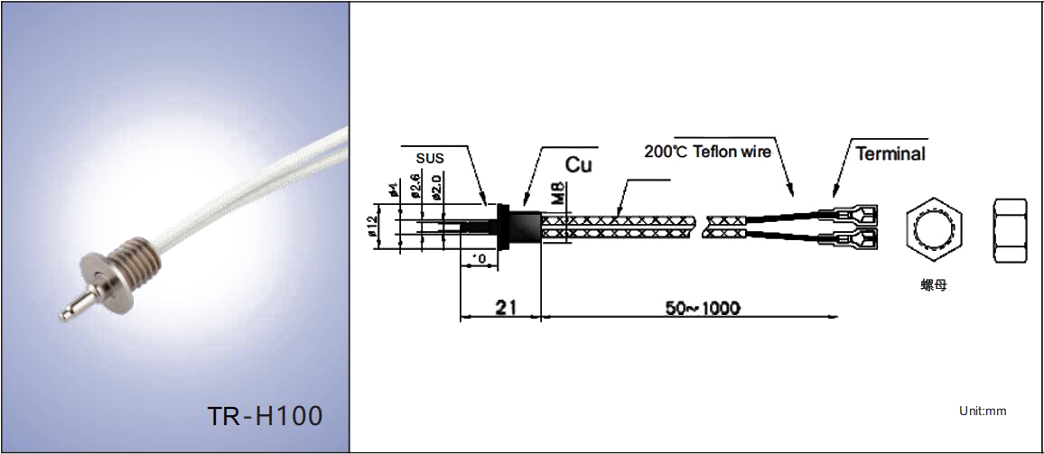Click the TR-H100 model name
pos(265,416)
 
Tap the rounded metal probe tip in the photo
pos(65,313)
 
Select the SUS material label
pos(430,158)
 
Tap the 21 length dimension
pos(505,307)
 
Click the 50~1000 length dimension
pos(704,308)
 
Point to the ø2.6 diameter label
pos(416,186)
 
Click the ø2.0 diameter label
pos(436,186)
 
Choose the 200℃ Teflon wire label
pos(707,152)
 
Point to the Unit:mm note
pos(983,412)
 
